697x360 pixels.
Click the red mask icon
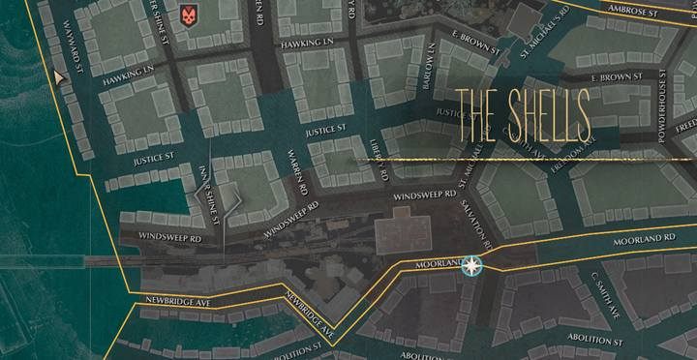(187, 15)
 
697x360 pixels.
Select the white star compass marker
(471, 265)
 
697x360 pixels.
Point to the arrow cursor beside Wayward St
(60, 77)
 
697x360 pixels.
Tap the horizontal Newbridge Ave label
(175, 301)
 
